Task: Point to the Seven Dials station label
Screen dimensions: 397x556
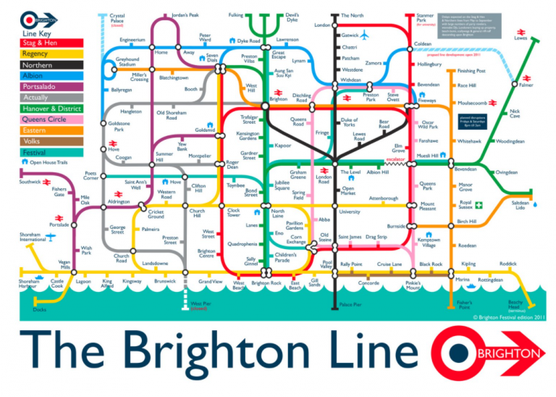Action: click(x=211, y=57)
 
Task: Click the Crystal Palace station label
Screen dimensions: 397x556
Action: click(x=117, y=19)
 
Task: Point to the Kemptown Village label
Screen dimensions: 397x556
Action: click(x=429, y=243)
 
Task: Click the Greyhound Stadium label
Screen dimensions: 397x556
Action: click(x=127, y=62)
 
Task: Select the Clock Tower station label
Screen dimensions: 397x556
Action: click(x=234, y=213)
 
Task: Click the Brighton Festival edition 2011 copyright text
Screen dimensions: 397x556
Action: click(x=508, y=317)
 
